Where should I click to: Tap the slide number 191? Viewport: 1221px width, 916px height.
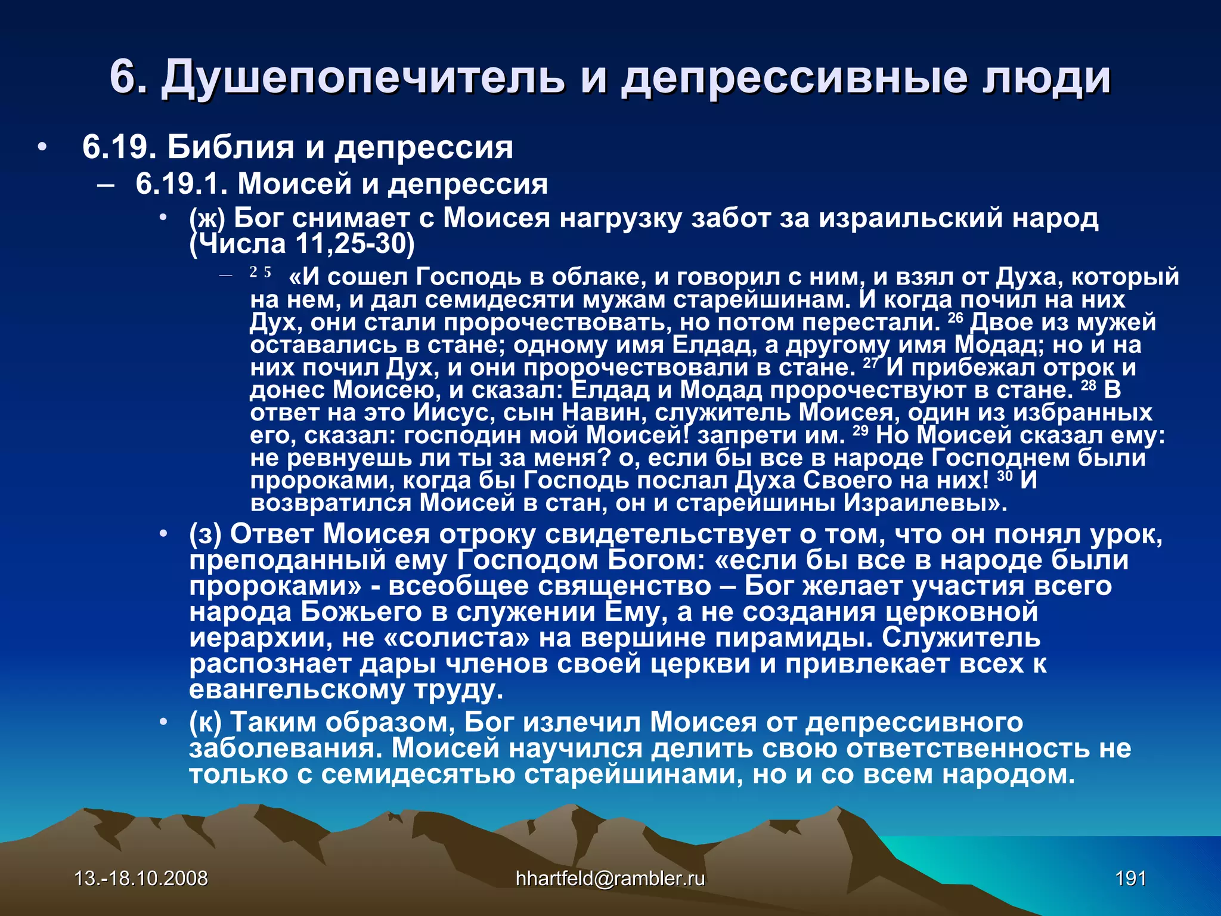click(x=1131, y=878)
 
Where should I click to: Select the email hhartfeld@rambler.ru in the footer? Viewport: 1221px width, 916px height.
click(x=610, y=878)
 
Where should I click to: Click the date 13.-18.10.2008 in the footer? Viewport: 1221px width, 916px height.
click(x=141, y=878)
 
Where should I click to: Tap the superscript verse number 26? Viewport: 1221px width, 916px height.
click(x=955, y=317)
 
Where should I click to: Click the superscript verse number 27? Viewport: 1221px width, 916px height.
click(x=870, y=363)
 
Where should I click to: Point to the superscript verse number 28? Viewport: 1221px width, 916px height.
click(x=1089, y=385)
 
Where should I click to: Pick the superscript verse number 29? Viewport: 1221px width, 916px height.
click(x=860, y=431)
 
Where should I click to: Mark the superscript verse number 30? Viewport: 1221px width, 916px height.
click(x=1005, y=476)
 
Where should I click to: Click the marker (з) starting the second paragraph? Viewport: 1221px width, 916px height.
click(x=205, y=534)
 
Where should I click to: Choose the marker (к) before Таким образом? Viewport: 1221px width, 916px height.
click(x=205, y=722)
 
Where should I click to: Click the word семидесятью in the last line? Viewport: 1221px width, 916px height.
click(x=418, y=775)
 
